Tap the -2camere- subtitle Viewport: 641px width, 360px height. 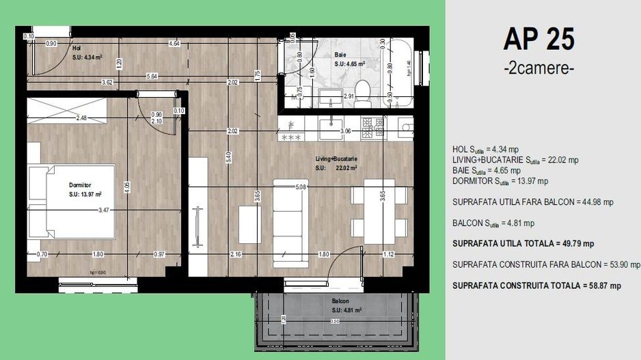tap(538, 69)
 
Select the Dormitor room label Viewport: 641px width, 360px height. tap(80, 184)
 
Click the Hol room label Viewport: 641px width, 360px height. tap(77, 49)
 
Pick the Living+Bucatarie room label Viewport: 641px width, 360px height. tap(336, 159)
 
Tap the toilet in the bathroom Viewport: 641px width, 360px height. tap(364, 89)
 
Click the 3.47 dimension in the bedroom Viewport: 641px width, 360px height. tap(104, 210)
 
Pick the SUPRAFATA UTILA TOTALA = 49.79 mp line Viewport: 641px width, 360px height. tap(523, 243)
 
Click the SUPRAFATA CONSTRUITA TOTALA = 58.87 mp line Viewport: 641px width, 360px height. tap(536, 285)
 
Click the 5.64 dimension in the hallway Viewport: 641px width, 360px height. tap(153, 76)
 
